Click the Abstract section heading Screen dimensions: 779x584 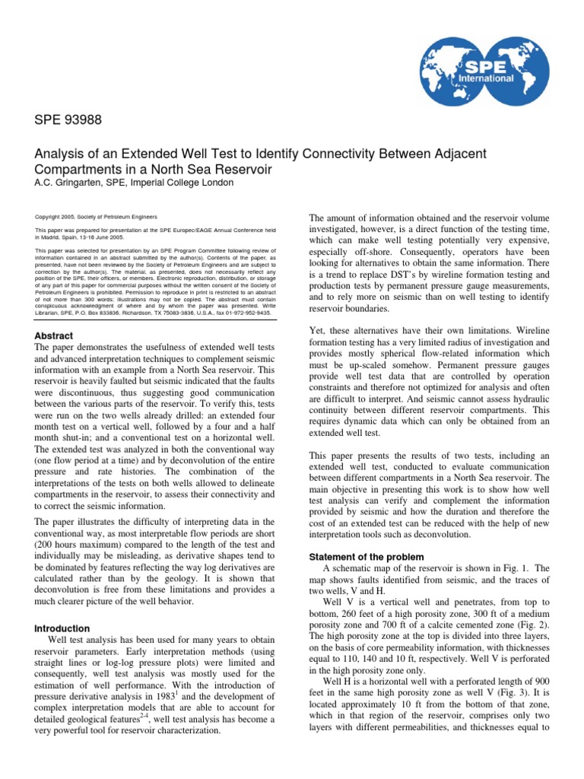coord(54,335)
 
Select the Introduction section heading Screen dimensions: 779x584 coord(63,628)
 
